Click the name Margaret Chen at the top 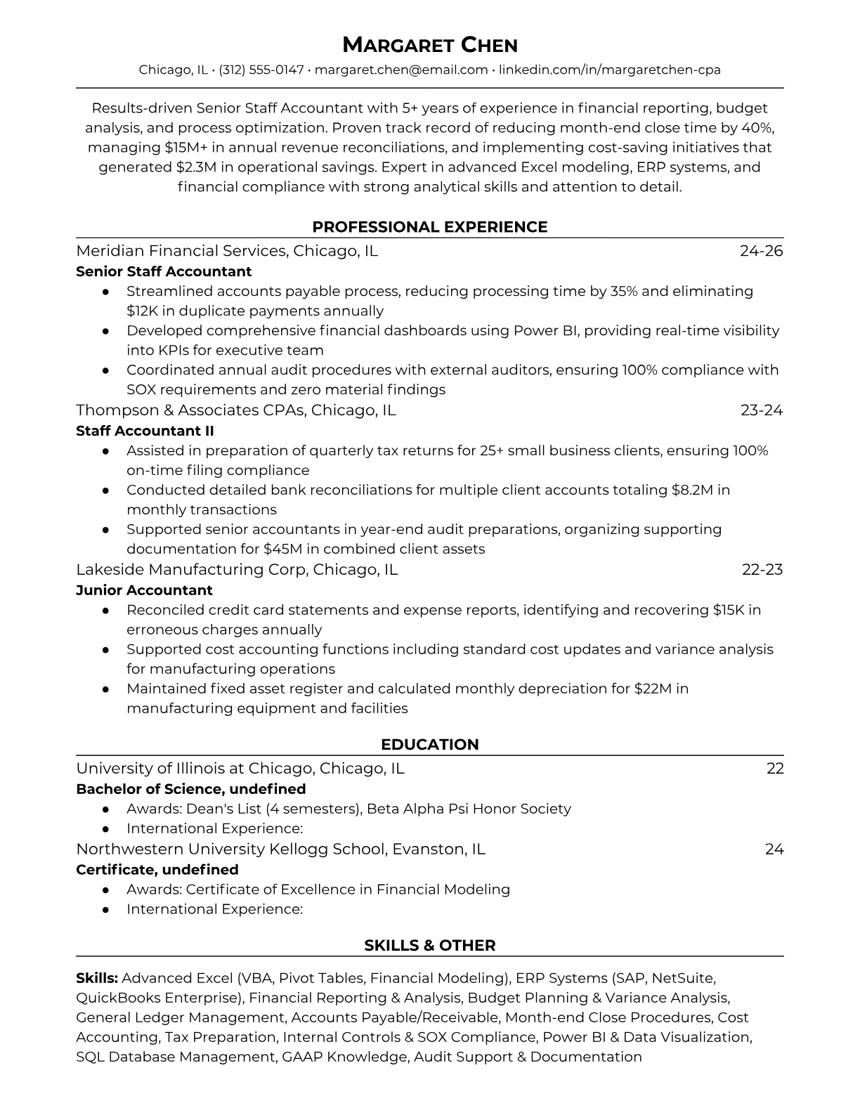[429, 46]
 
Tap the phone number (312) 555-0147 [261, 70]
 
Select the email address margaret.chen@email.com [401, 70]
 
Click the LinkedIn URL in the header [610, 70]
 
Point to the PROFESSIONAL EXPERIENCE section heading [429, 227]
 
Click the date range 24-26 [761, 251]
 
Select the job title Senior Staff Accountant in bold [164, 271]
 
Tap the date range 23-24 [761, 410]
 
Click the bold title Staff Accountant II [145, 431]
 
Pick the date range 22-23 [762, 569]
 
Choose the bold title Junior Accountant [144, 590]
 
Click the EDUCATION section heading [429, 745]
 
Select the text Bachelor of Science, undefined [190, 789]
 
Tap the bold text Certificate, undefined [157, 869]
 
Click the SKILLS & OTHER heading [429, 946]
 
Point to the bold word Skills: [97, 978]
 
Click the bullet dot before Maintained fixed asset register [105, 689]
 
